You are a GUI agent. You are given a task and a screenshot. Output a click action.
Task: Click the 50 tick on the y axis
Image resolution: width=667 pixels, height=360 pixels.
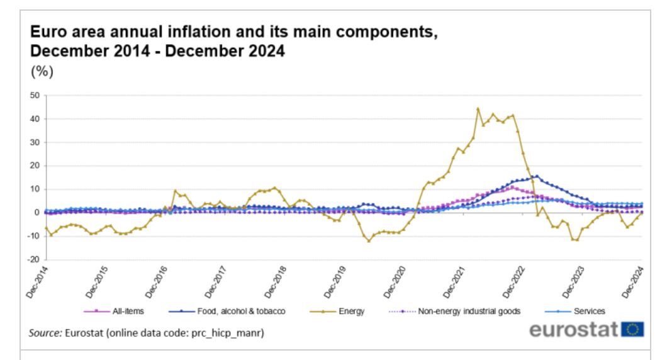(35, 96)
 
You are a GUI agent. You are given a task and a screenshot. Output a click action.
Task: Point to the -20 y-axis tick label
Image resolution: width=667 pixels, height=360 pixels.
(35, 259)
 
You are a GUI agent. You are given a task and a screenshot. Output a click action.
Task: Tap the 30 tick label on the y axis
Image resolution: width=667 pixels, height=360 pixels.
(35, 142)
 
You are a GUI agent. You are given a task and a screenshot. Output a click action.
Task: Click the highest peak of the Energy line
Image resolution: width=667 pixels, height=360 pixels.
(478, 109)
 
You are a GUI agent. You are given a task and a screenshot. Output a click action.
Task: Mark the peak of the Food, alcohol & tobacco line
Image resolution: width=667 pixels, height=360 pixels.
(536, 176)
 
